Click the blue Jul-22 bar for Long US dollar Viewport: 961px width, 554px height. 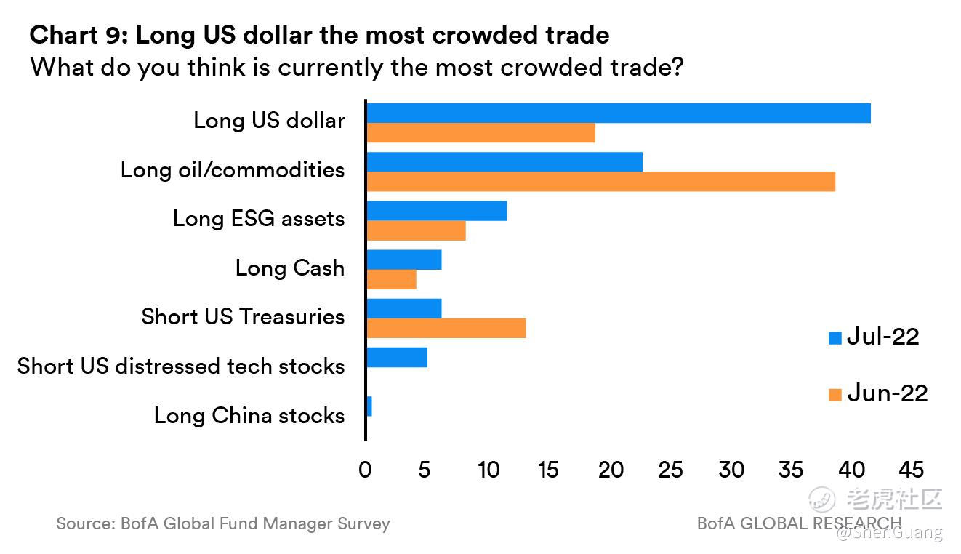618,113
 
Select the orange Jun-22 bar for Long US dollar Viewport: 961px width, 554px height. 480,133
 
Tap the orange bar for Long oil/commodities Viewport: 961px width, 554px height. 600,182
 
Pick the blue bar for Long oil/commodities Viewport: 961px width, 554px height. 504,161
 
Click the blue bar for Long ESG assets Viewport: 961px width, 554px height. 436,211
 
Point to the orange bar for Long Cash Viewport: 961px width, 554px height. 391,279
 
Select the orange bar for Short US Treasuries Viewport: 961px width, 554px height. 446,329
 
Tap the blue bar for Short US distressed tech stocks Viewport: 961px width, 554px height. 397,358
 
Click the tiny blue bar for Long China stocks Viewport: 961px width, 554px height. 369,406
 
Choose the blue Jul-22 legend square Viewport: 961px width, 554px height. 835,337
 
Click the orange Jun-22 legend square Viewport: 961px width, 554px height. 835,395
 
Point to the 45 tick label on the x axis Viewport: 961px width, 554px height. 912,470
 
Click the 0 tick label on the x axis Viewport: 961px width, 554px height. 365,470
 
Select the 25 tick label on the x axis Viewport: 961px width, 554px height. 670,470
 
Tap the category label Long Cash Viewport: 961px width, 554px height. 290,268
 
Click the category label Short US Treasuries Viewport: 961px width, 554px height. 243,317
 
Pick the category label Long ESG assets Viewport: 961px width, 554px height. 259,219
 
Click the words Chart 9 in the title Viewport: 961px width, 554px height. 77,34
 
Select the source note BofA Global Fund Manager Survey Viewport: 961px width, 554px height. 222,523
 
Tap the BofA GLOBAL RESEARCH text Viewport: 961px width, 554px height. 799,523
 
